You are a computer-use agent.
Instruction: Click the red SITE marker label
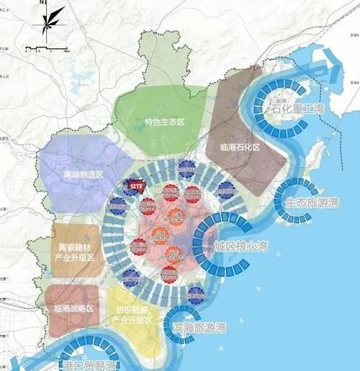click(136, 186)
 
